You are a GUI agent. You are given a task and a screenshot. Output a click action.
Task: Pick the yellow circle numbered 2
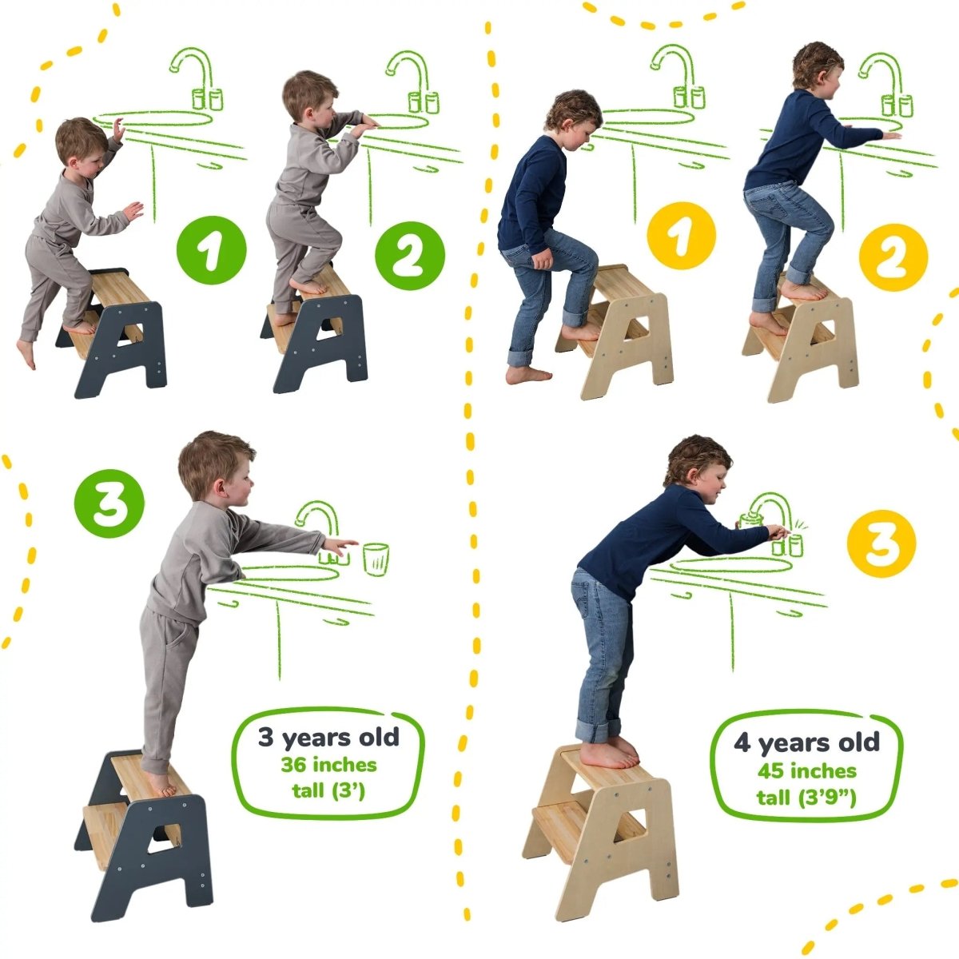click(x=893, y=257)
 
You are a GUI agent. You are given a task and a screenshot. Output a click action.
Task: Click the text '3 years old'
click(x=328, y=736)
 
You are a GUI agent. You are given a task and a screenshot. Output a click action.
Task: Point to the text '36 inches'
click(x=328, y=765)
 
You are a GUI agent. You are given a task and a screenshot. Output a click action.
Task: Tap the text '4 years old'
click(x=806, y=742)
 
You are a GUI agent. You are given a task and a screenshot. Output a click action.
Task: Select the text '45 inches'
click(x=806, y=771)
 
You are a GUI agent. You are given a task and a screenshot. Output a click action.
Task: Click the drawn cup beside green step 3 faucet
click(x=376, y=558)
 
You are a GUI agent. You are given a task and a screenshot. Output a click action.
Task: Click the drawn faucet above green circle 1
click(x=196, y=76)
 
